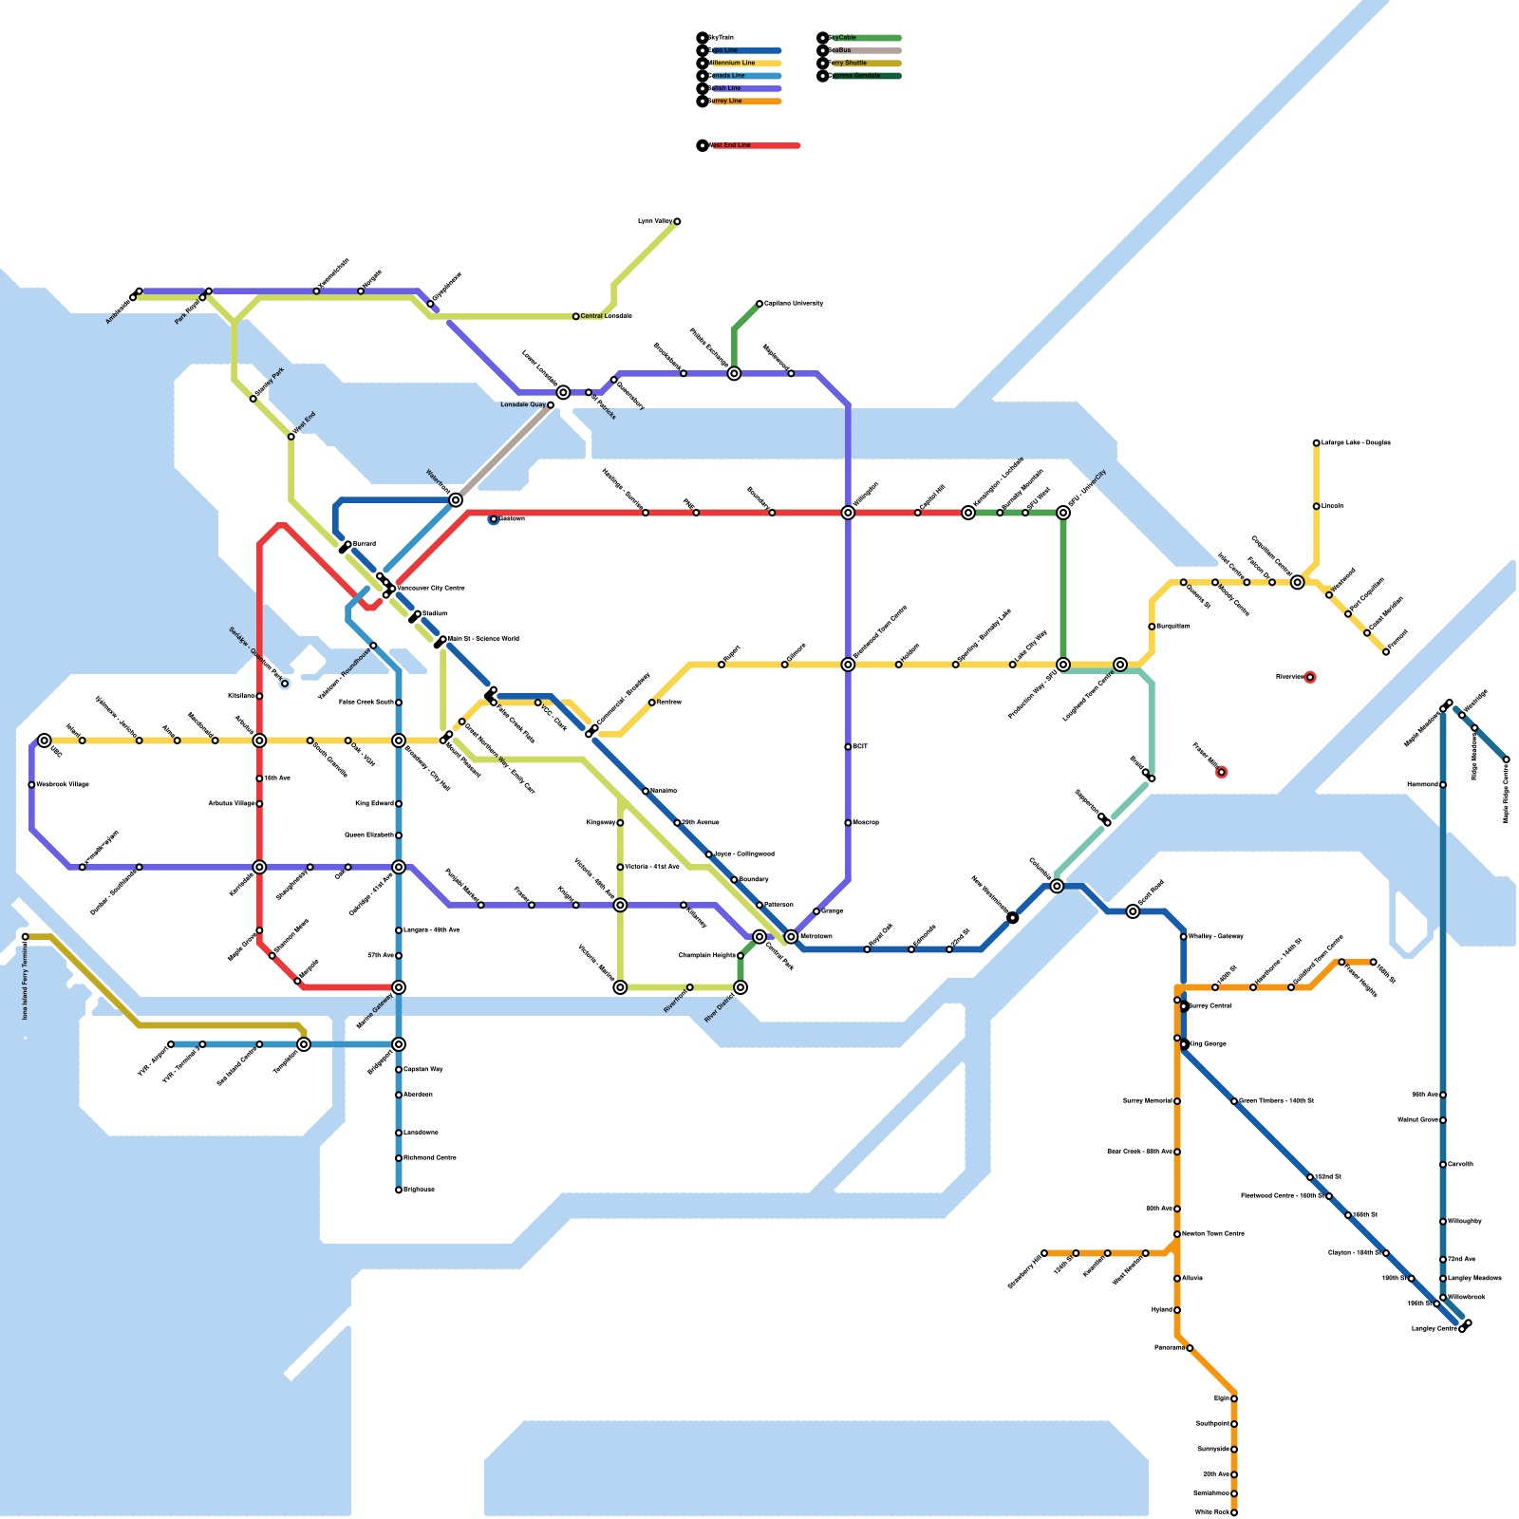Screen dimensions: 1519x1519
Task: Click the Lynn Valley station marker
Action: coord(677,221)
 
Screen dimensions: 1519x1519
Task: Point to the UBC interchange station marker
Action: coord(45,741)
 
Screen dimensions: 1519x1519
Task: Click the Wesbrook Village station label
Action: coord(63,784)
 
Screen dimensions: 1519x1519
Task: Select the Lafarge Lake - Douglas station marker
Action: coord(1316,442)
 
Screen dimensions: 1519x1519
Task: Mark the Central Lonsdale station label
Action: coord(606,316)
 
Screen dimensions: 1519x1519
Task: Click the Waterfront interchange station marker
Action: coord(456,500)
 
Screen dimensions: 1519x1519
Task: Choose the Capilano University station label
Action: coord(794,304)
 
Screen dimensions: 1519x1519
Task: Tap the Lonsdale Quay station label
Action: coord(523,404)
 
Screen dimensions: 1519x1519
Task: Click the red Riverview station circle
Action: coord(1310,677)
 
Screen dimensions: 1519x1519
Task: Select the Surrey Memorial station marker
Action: coord(1177,1101)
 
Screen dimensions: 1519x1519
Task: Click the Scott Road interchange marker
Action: coord(1133,911)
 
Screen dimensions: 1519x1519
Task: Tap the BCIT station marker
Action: coord(848,747)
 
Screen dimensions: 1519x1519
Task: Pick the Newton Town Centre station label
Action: coord(1212,1234)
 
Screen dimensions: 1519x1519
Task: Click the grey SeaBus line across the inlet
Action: coord(503,453)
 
